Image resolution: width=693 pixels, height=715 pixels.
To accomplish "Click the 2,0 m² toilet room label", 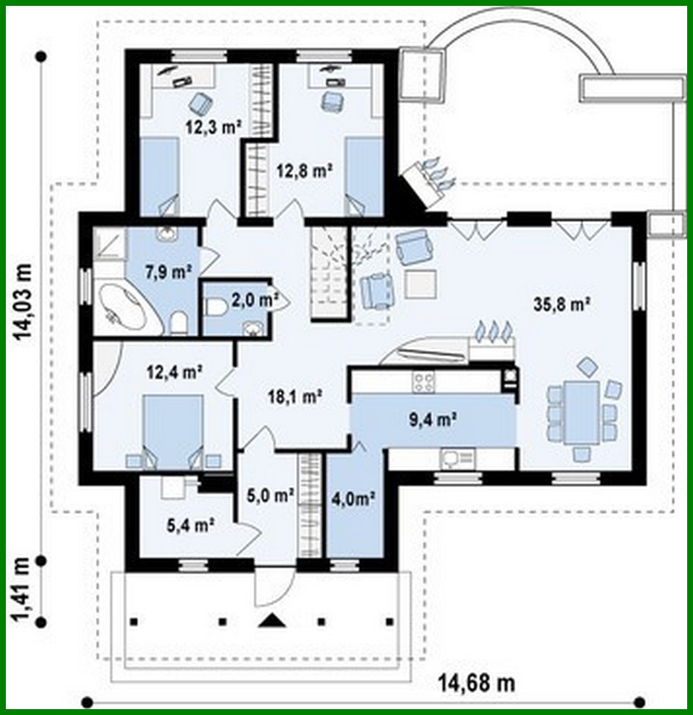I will tap(250, 300).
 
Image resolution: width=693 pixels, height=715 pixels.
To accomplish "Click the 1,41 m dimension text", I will tap(23, 589).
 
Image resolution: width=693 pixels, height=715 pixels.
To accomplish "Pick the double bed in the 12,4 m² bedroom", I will tap(173, 430).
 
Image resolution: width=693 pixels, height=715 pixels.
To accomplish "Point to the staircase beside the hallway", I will tap(328, 273).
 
